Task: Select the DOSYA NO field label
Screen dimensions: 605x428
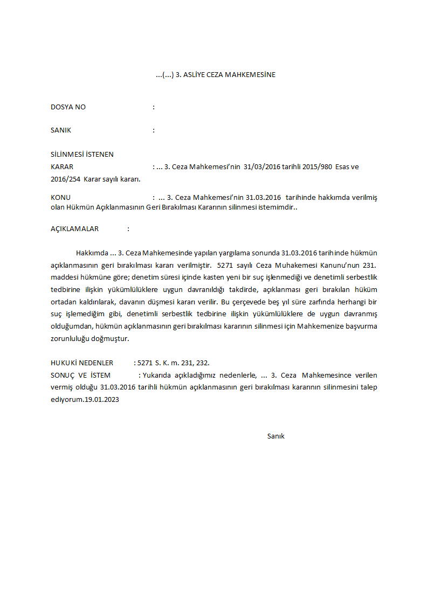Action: pos(68,107)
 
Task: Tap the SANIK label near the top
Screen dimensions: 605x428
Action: pos(61,130)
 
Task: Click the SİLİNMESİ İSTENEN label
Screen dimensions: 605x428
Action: pos(82,155)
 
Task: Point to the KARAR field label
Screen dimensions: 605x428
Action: pos(62,167)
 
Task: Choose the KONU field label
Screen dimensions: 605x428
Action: pos(60,198)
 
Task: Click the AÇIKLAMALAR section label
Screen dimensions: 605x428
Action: pos(74,229)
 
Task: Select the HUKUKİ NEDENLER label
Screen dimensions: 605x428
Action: pos(82,363)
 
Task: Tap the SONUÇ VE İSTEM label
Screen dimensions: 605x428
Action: pos(80,375)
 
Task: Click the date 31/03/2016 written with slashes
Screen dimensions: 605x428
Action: pos(261,167)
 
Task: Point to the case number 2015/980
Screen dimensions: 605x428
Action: pos(318,167)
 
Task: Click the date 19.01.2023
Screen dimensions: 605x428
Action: pos(101,400)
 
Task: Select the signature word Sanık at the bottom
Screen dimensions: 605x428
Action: pos(275,436)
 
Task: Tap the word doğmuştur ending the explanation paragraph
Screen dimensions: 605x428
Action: pos(111,339)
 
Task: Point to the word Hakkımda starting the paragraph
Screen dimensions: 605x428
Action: pos(92,253)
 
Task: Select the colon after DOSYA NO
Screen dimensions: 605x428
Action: pos(154,107)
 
